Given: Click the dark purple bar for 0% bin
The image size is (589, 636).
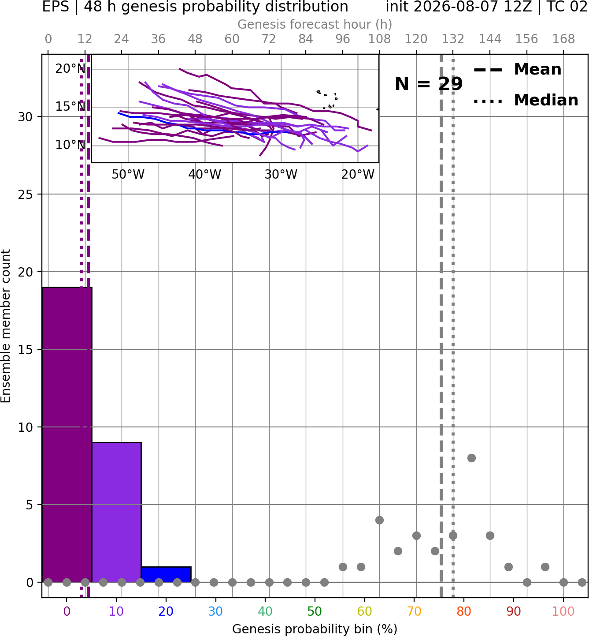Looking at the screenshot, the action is [x=67, y=434].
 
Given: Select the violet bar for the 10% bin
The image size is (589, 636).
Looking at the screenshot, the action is [x=116, y=513].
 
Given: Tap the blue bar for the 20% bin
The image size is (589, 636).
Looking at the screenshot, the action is [x=167, y=575].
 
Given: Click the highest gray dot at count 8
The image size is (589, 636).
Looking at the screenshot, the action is [x=471, y=458].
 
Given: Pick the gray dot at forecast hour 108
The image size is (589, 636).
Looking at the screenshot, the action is [x=379, y=520].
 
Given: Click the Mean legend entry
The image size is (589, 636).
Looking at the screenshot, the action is [x=517, y=70].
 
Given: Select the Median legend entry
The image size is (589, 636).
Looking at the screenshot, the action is [x=526, y=100].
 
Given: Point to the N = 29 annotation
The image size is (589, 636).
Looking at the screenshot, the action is [x=429, y=84].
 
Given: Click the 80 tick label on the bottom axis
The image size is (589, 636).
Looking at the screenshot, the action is [x=464, y=611].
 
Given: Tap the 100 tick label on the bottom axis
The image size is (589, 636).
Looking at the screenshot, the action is [x=563, y=611].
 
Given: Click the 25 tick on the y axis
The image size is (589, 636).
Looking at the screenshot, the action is [x=25, y=195].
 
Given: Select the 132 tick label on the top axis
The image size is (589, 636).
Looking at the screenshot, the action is [x=453, y=39].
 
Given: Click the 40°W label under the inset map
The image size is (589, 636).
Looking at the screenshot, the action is [x=205, y=175].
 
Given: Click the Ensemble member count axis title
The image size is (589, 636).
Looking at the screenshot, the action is [x=5, y=326].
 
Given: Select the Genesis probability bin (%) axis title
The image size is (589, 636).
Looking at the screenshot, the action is [x=315, y=629].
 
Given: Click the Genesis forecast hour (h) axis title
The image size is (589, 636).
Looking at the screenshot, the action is [x=315, y=24].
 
